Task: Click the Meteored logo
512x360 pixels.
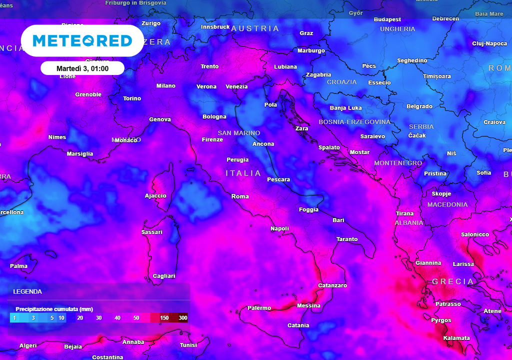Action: point(82,40)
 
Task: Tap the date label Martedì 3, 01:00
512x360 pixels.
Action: point(82,68)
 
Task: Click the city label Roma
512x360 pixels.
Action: point(240,196)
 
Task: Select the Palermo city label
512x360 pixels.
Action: point(259,308)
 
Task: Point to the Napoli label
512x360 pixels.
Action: point(279,228)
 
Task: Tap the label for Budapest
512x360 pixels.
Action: point(387,19)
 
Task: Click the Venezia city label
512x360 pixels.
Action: point(236,86)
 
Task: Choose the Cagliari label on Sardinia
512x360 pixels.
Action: point(164,276)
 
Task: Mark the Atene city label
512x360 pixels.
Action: point(492,311)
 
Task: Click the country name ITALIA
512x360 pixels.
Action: point(243,173)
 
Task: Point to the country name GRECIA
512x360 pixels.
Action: point(453,281)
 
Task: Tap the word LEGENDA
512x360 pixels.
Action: point(27,291)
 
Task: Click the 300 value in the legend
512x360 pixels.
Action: point(182,318)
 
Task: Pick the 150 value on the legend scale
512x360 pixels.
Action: point(164,318)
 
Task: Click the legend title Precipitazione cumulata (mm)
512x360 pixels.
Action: point(54,309)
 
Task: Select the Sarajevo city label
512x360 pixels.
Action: point(372,136)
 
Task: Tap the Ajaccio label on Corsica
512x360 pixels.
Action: point(155,195)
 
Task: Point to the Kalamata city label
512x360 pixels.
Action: point(456,338)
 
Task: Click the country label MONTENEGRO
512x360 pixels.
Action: point(398,163)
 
